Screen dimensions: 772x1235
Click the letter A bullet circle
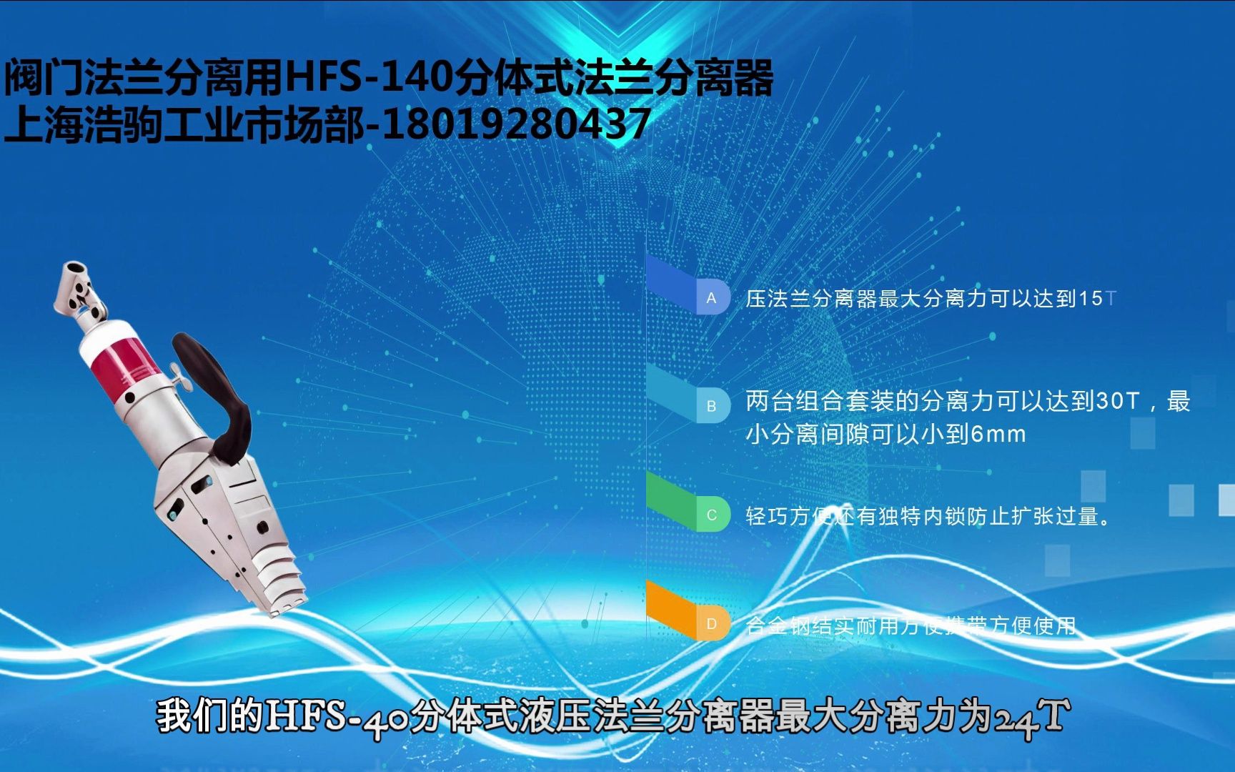[711, 298]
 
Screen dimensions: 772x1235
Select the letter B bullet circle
[711, 406]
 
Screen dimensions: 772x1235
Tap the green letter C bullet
[711, 515]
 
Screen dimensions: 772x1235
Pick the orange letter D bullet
[711, 623]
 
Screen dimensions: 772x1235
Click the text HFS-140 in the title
[368, 77]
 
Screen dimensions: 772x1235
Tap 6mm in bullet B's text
[998, 434]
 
